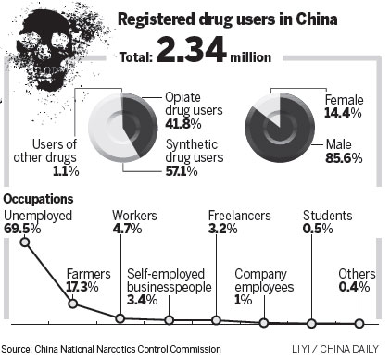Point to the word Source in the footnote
tap(18, 349)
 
